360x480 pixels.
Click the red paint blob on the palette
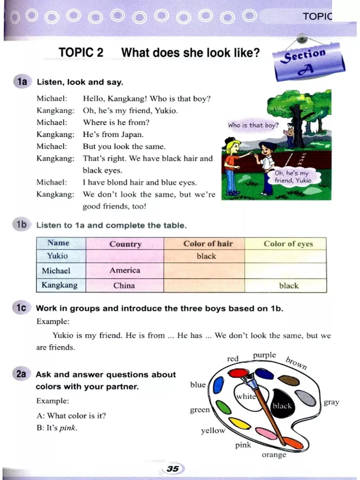[x=238, y=373]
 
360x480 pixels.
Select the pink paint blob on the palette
[x=266, y=433]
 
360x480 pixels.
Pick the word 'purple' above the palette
[x=264, y=355]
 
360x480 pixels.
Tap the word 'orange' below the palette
[x=274, y=455]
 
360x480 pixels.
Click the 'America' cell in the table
[x=125, y=270]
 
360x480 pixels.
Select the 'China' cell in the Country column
[x=124, y=286]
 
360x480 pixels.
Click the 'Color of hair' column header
[x=208, y=244]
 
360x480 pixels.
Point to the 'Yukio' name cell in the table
[x=57, y=256]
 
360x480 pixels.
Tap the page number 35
[x=173, y=469]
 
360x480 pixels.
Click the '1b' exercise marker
[x=21, y=224]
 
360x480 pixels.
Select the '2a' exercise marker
[x=21, y=373]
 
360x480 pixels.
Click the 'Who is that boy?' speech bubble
[x=253, y=125]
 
